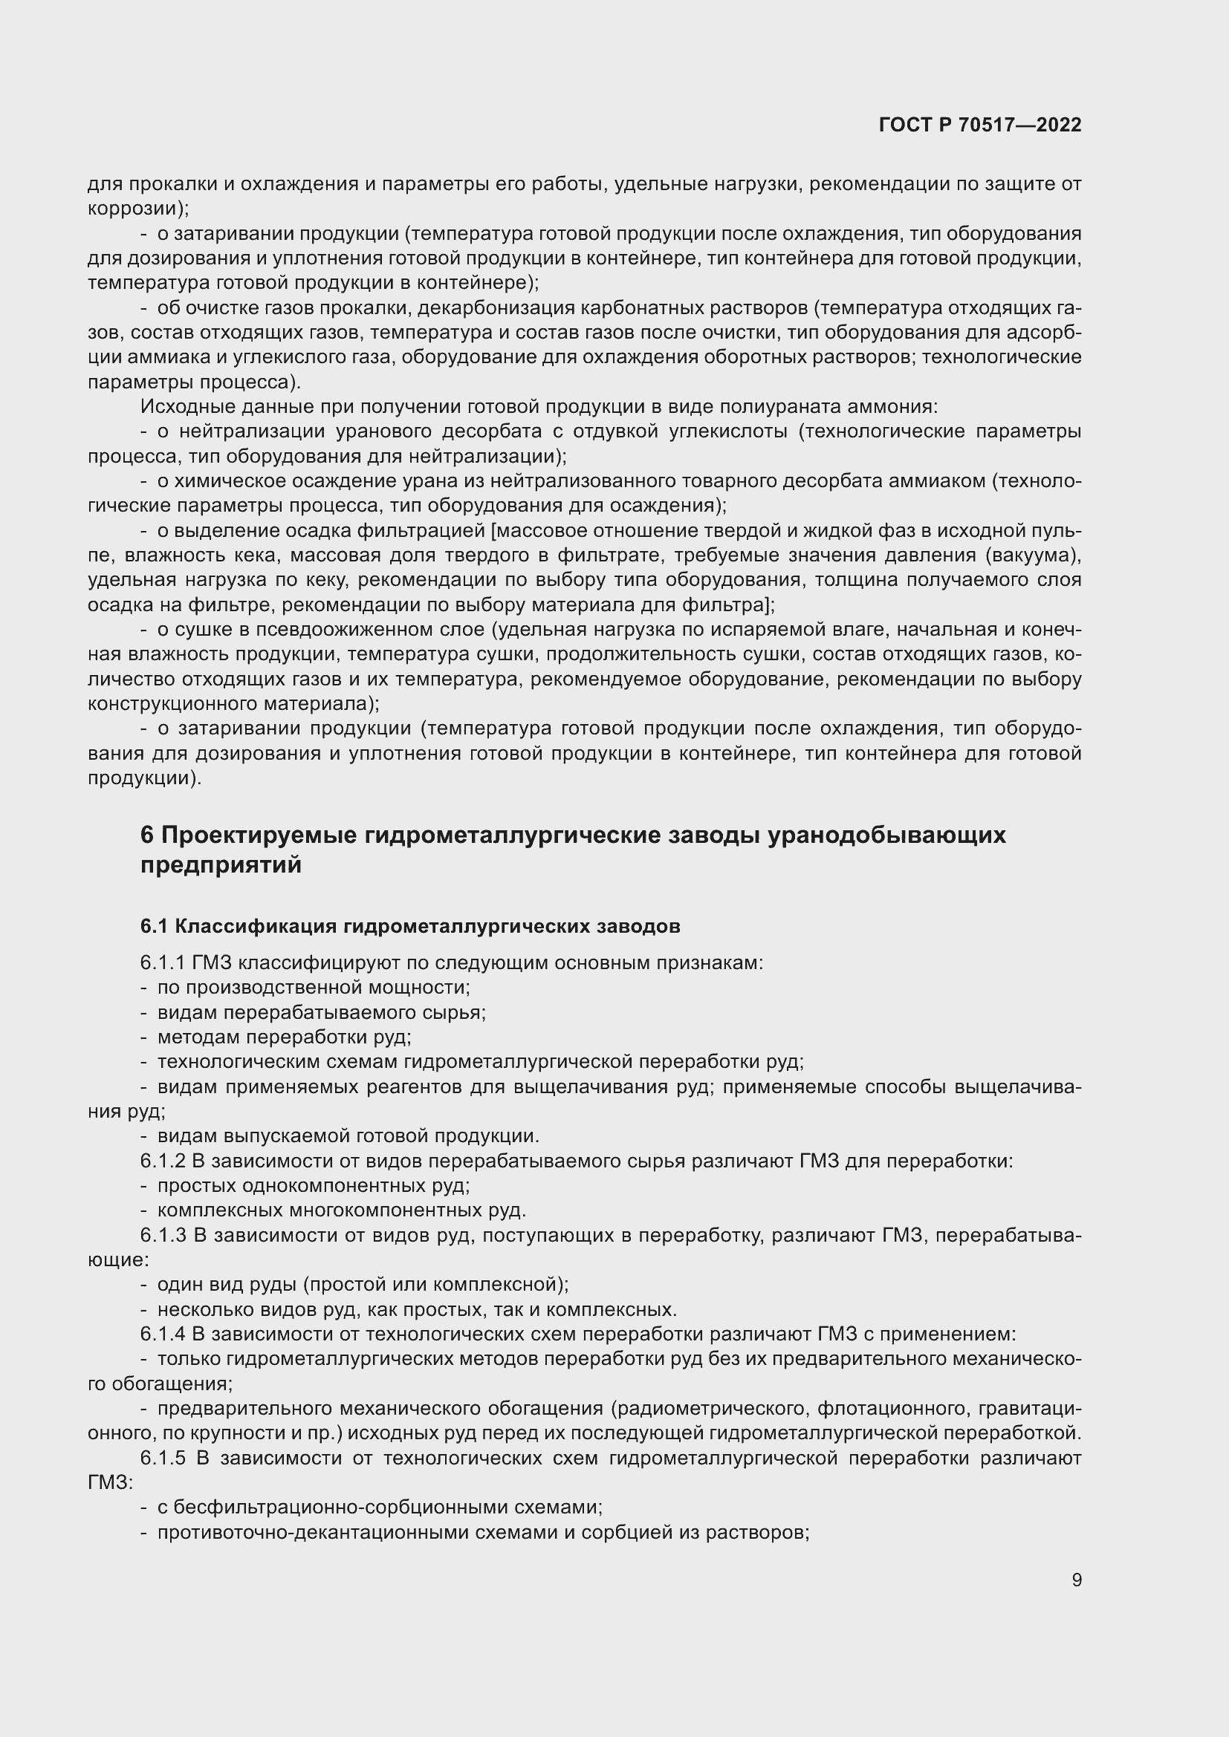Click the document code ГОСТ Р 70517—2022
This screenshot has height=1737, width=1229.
(x=980, y=125)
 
